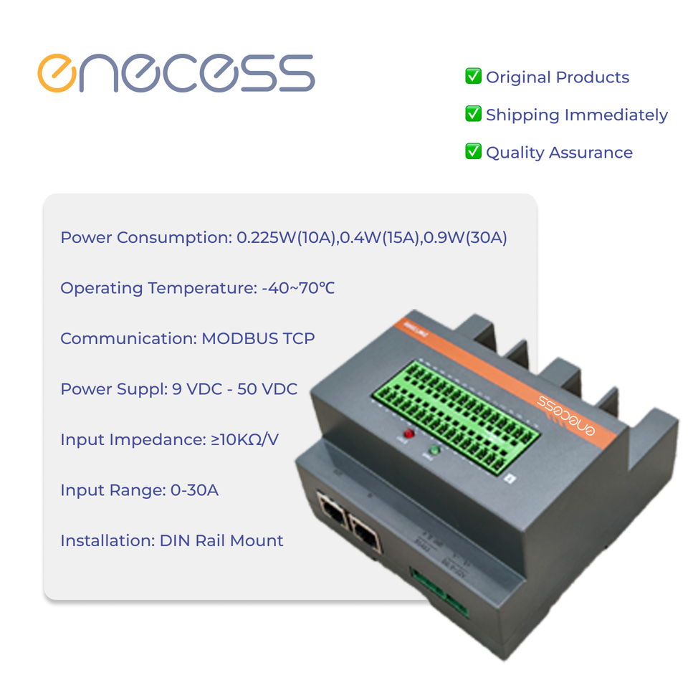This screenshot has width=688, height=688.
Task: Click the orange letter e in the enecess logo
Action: (x=57, y=74)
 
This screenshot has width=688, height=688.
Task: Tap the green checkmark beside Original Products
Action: (x=473, y=76)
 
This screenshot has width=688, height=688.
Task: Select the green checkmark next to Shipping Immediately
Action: (x=473, y=114)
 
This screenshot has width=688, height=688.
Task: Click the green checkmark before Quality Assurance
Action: (x=473, y=151)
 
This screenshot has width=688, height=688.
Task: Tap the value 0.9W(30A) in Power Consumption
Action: (x=465, y=238)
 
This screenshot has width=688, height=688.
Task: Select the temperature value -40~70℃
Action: (x=298, y=288)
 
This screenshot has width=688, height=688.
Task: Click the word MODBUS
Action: (x=240, y=338)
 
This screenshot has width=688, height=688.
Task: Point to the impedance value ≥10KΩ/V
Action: (x=244, y=439)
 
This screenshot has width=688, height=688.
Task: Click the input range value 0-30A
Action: (x=194, y=490)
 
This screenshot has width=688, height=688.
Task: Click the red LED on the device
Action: (x=409, y=434)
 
